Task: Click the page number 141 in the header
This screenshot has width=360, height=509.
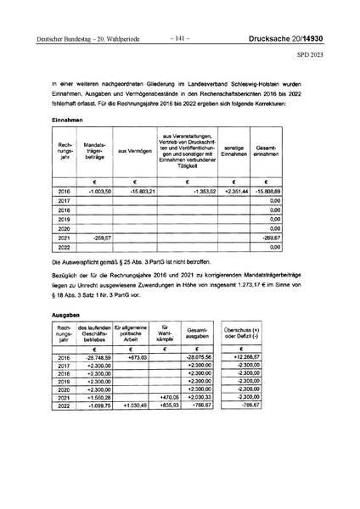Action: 180,39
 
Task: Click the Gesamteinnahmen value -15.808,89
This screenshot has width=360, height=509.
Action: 267,193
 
